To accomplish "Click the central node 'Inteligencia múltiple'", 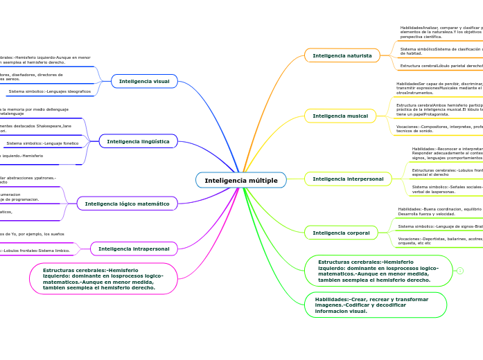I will (x=241, y=181).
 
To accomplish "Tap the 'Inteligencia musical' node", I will (x=340, y=116).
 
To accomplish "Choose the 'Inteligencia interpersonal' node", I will (x=348, y=179).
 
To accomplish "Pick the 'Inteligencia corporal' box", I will (x=341, y=233).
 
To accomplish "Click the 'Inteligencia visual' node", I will (x=144, y=81).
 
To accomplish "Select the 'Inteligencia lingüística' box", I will (x=139, y=141).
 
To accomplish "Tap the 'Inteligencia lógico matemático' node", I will (x=128, y=204).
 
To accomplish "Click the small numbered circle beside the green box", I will (x=459, y=271).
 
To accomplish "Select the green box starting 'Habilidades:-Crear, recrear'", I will (x=376, y=305).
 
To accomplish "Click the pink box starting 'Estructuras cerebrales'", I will (x=103, y=278).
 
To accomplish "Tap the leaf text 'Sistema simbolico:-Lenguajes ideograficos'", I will (x=49, y=91).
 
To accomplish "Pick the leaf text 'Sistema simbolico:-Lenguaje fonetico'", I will (x=42, y=143).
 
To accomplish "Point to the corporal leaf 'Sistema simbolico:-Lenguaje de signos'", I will (x=439, y=226).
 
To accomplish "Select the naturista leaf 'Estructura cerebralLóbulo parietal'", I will (x=441, y=66).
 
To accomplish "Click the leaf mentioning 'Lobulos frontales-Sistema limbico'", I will (x=35, y=251).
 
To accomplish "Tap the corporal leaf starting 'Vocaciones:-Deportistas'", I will (x=439, y=240).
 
